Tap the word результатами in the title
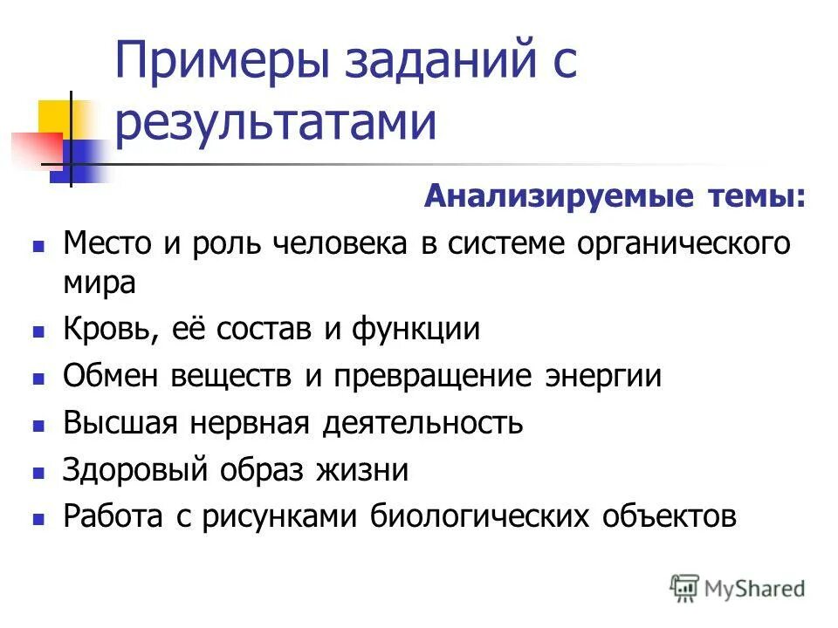coord(275,123)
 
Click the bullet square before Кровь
coord(38,332)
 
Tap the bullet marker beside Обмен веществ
coord(38,379)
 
